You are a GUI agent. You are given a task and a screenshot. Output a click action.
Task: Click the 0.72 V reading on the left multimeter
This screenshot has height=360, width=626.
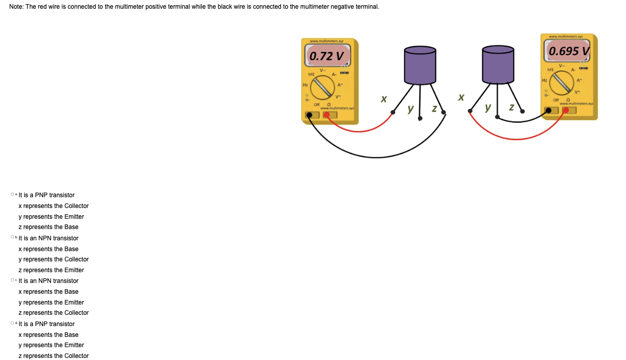[x=326, y=55]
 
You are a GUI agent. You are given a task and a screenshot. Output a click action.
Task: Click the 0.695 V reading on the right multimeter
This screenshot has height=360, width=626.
[x=569, y=51]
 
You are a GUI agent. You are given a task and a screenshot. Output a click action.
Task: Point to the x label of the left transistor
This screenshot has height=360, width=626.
[x=383, y=98]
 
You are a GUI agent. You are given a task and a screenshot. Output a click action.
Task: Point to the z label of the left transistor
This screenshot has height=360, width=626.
[x=434, y=109]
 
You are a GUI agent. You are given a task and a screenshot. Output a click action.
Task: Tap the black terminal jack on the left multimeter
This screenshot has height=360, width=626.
[x=309, y=115]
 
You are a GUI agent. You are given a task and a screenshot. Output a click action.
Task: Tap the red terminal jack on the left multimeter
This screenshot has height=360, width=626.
[x=327, y=115]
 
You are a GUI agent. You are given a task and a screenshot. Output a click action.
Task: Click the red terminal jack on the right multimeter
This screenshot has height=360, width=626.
[x=566, y=110]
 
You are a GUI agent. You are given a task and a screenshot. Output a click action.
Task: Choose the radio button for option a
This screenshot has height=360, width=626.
[x=12, y=195]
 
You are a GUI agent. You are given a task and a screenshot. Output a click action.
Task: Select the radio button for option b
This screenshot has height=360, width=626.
[x=12, y=238]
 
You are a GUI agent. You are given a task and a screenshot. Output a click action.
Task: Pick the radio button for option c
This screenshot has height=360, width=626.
[x=12, y=281]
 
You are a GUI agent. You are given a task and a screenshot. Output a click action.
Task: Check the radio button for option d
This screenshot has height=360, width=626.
[x=12, y=324]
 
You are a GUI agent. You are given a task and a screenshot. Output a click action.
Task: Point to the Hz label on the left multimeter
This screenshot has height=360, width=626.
[x=306, y=84]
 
